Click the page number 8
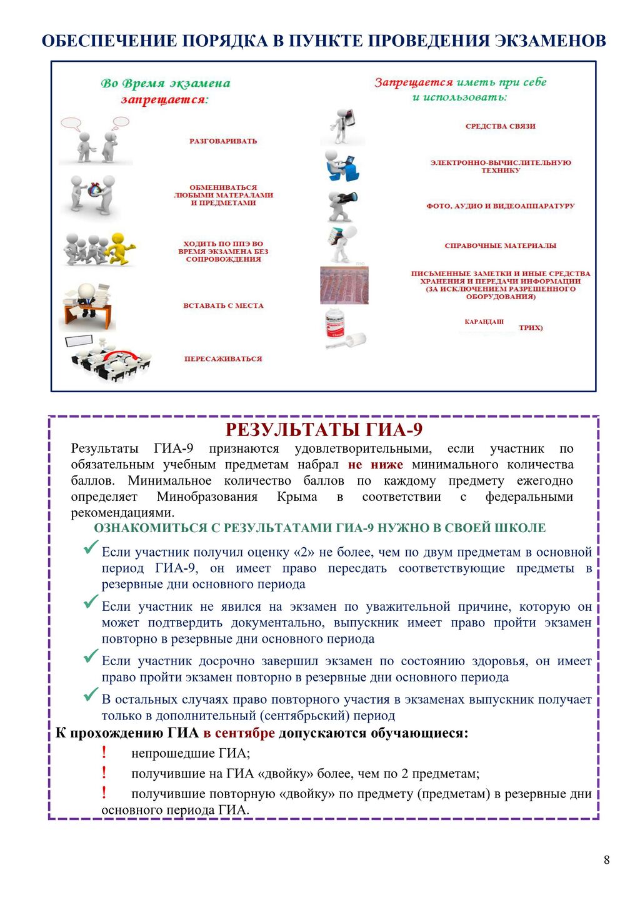click(606, 860)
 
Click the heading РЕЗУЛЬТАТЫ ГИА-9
click(324, 430)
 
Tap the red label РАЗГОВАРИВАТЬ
click(223, 141)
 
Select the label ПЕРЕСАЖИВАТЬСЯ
click(223, 359)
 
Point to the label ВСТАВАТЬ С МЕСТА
click(223, 306)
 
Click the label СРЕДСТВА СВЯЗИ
click(500, 126)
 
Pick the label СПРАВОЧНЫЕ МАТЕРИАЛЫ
click(500, 246)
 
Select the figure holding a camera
click(341, 205)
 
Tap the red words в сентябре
click(239, 733)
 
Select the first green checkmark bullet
click(91, 548)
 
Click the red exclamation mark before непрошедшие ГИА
click(104, 753)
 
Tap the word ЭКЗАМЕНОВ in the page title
click(550, 41)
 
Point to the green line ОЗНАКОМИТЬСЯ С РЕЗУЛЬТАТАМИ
click(319, 528)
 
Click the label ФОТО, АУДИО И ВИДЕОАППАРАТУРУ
click(500, 206)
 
